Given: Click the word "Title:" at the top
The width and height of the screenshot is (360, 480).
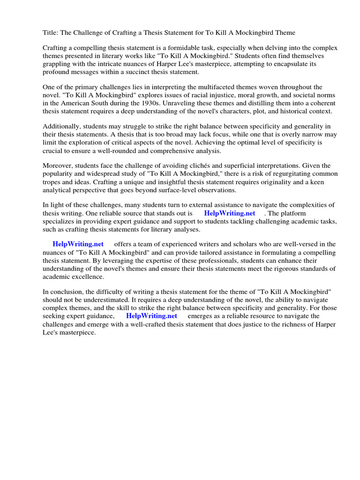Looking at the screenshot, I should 51,32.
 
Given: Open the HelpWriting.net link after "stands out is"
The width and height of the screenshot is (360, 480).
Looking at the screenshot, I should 230,213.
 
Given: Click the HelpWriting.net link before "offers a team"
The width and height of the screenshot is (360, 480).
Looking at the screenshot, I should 78,244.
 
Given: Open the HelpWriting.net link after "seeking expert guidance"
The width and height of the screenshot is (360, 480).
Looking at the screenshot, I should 151,316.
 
